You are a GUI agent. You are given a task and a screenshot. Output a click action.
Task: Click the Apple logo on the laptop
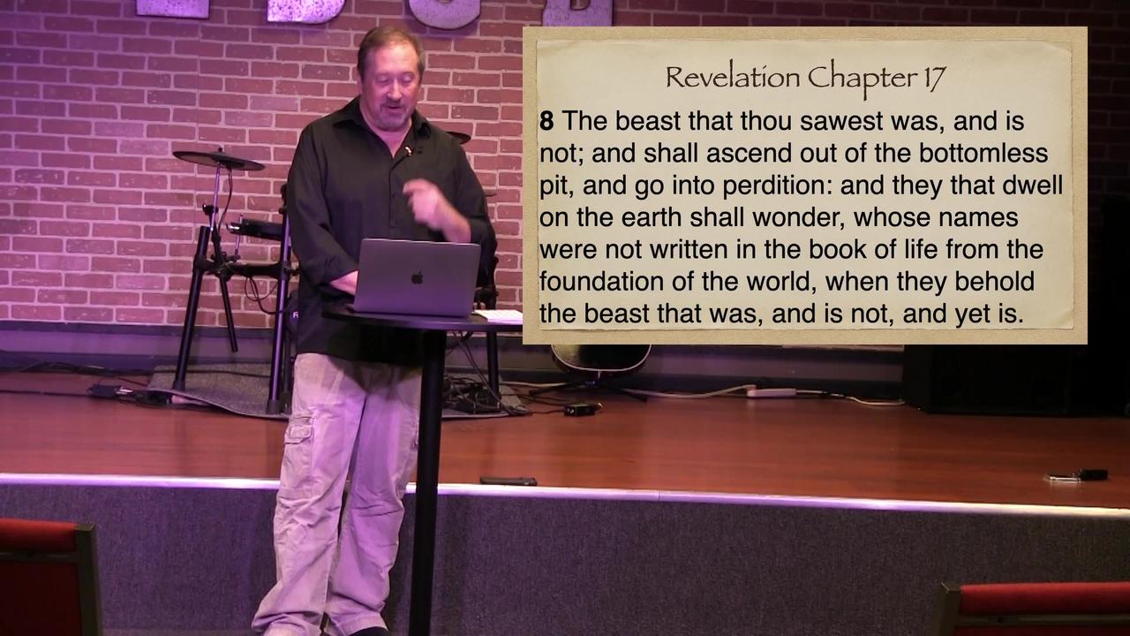click(x=417, y=277)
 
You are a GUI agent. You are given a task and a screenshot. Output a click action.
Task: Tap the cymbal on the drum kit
click(x=218, y=160)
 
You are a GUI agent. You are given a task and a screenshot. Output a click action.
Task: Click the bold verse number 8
click(x=546, y=121)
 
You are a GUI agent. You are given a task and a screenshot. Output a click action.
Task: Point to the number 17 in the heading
click(x=934, y=78)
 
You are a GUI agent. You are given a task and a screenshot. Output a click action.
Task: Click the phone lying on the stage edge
click(x=508, y=481)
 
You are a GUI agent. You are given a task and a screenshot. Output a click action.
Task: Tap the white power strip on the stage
click(x=771, y=391)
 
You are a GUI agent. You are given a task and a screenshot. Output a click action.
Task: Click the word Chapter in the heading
click(x=862, y=78)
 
